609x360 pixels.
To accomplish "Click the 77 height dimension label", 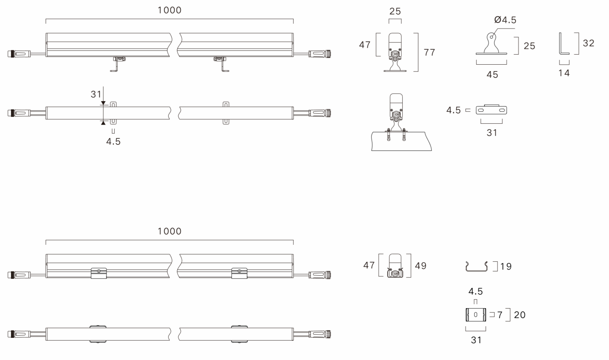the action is point(429,52).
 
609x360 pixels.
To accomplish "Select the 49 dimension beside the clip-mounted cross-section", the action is point(421,266).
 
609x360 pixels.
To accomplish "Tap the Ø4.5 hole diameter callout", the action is point(505,20).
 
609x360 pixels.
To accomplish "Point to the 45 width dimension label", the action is point(492,74).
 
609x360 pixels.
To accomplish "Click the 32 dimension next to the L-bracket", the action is point(588,43).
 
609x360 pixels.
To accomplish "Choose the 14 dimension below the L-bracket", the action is point(564,73).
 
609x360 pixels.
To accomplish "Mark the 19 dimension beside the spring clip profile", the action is point(506,266).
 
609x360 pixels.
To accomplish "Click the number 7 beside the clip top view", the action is point(500,315).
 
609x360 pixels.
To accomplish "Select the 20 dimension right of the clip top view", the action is point(520,315).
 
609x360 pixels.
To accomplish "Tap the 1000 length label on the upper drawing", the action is point(170,10).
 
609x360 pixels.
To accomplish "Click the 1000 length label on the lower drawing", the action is point(170,231).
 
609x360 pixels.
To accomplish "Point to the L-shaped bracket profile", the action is point(564,44).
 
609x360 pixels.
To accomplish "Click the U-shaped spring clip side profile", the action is point(476,266).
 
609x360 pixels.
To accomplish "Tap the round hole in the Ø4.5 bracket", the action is point(491,37).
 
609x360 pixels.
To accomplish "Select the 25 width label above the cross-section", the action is point(395,11).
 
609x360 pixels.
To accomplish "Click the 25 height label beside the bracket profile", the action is point(529,46).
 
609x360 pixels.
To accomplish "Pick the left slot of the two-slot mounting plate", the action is point(481,110).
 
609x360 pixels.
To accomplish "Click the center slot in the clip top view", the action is point(475,315).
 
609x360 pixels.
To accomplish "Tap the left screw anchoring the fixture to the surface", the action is point(388,134).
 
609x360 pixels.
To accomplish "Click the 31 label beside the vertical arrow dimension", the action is point(96,94).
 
